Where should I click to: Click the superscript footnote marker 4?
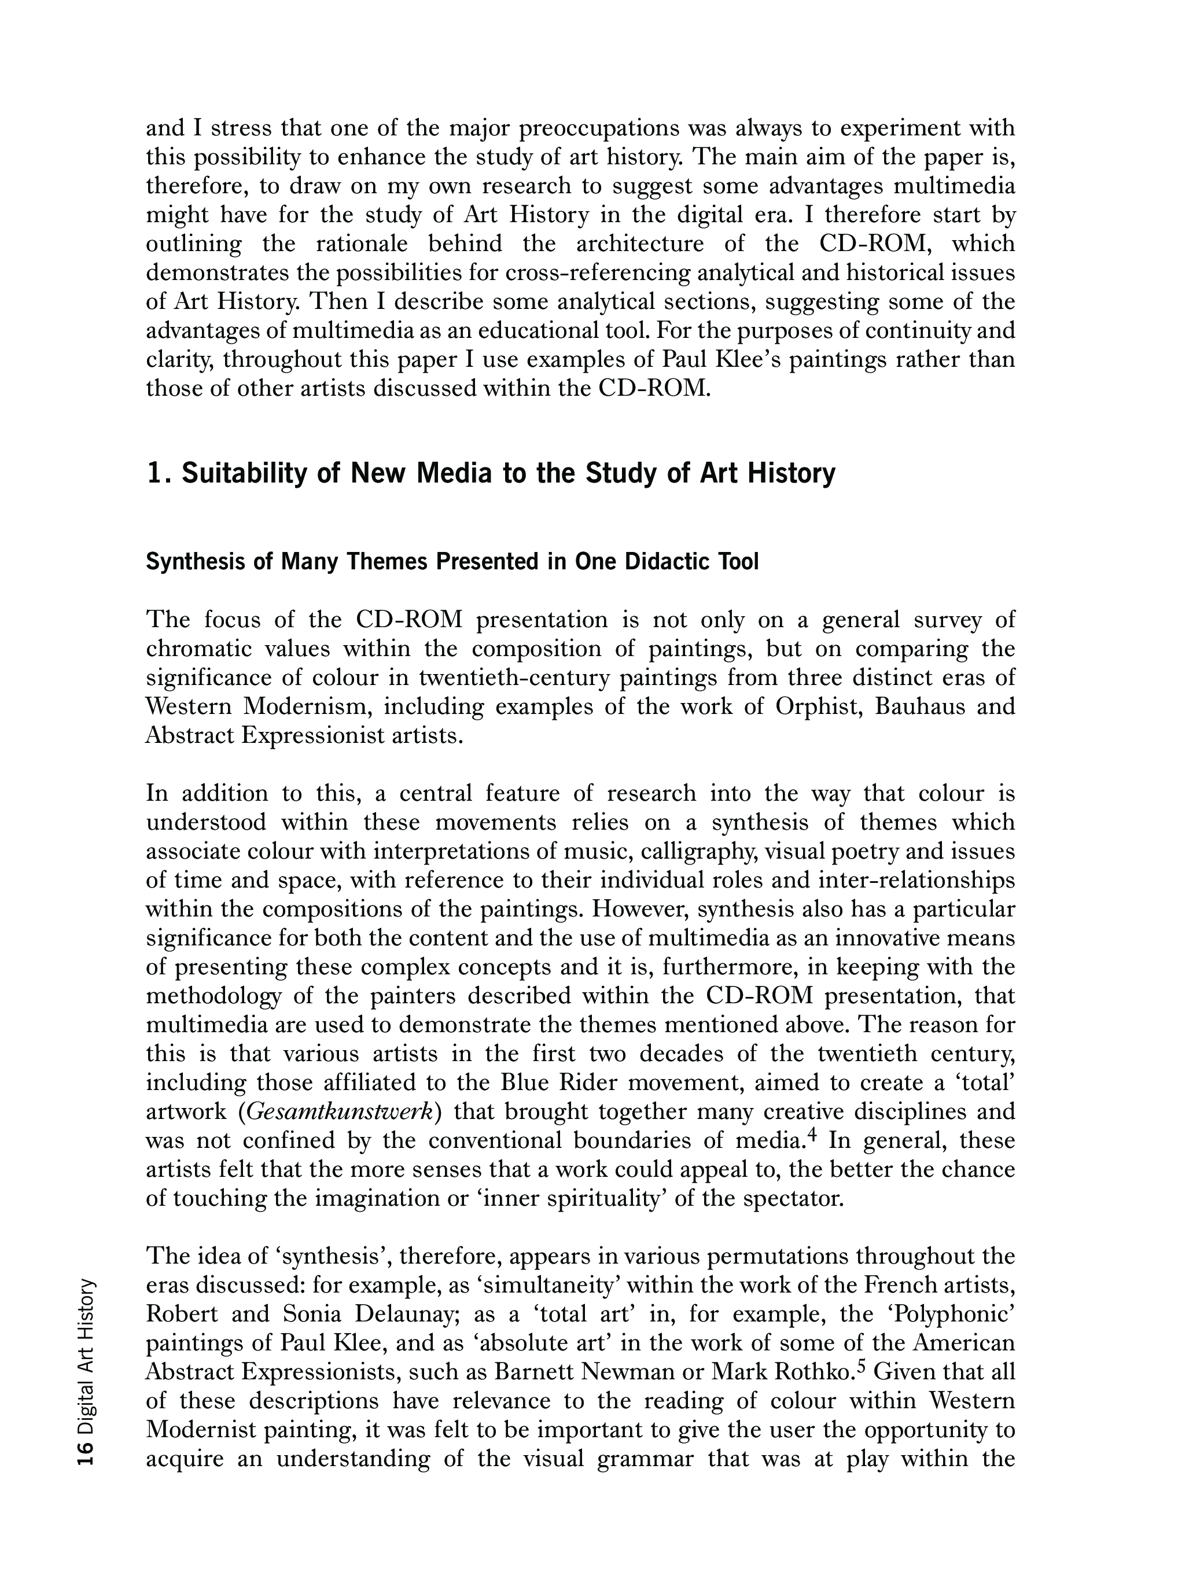815,1136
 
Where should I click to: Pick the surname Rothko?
812,1372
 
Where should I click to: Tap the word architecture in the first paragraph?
639,244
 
